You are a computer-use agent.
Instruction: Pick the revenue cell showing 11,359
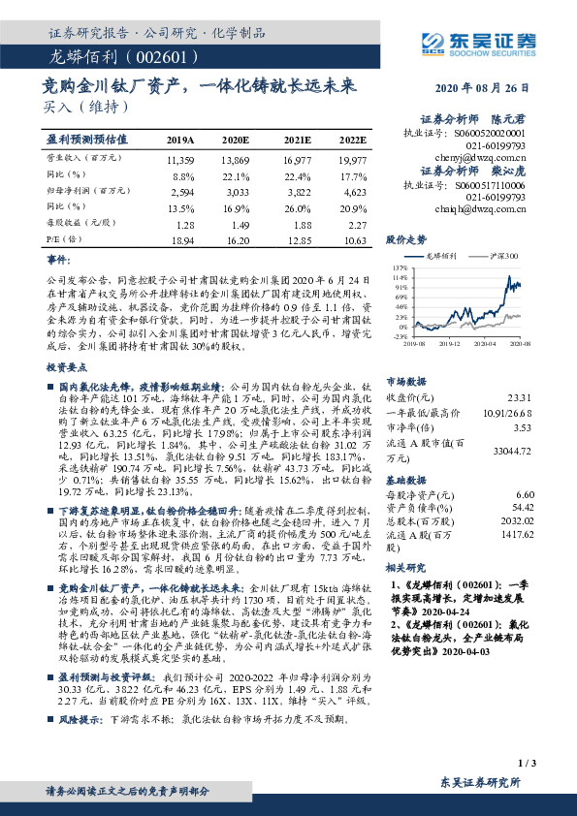pos(181,158)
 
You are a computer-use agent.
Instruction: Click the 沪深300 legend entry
pos(503,256)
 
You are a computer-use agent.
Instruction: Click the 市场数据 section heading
pos(406,382)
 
